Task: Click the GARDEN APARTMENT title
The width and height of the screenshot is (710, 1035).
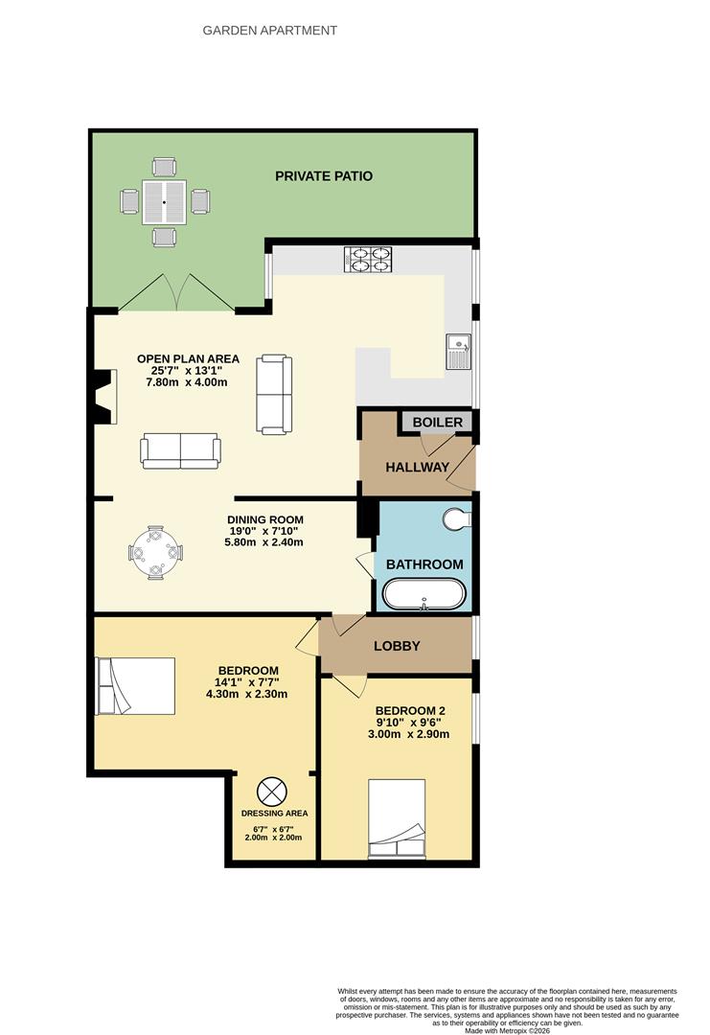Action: click(269, 30)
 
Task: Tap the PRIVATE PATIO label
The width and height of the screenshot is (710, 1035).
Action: click(324, 176)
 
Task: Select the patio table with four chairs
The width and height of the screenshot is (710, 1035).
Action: click(165, 202)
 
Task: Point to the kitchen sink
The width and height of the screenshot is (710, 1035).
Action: click(457, 352)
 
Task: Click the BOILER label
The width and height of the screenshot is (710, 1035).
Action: click(437, 423)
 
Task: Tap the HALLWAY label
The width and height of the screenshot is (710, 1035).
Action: click(417, 468)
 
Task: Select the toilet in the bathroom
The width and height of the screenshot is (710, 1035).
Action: click(458, 518)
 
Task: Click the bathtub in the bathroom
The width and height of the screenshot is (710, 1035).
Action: click(424, 594)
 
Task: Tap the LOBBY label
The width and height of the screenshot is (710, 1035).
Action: click(397, 646)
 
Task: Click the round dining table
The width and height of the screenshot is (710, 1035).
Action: click(155, 553)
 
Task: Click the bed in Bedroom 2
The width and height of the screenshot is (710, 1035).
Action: click(397, 819)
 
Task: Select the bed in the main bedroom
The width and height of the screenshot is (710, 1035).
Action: click(135, 685)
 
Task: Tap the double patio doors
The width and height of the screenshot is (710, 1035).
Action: click(177, 292)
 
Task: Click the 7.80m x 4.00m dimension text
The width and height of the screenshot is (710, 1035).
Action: click(187, 382)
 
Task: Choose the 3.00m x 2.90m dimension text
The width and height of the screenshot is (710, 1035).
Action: click(410, 735)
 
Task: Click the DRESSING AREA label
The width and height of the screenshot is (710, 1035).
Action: click(274, 814)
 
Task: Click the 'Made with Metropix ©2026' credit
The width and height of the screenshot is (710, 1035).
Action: click(507, 1030)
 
